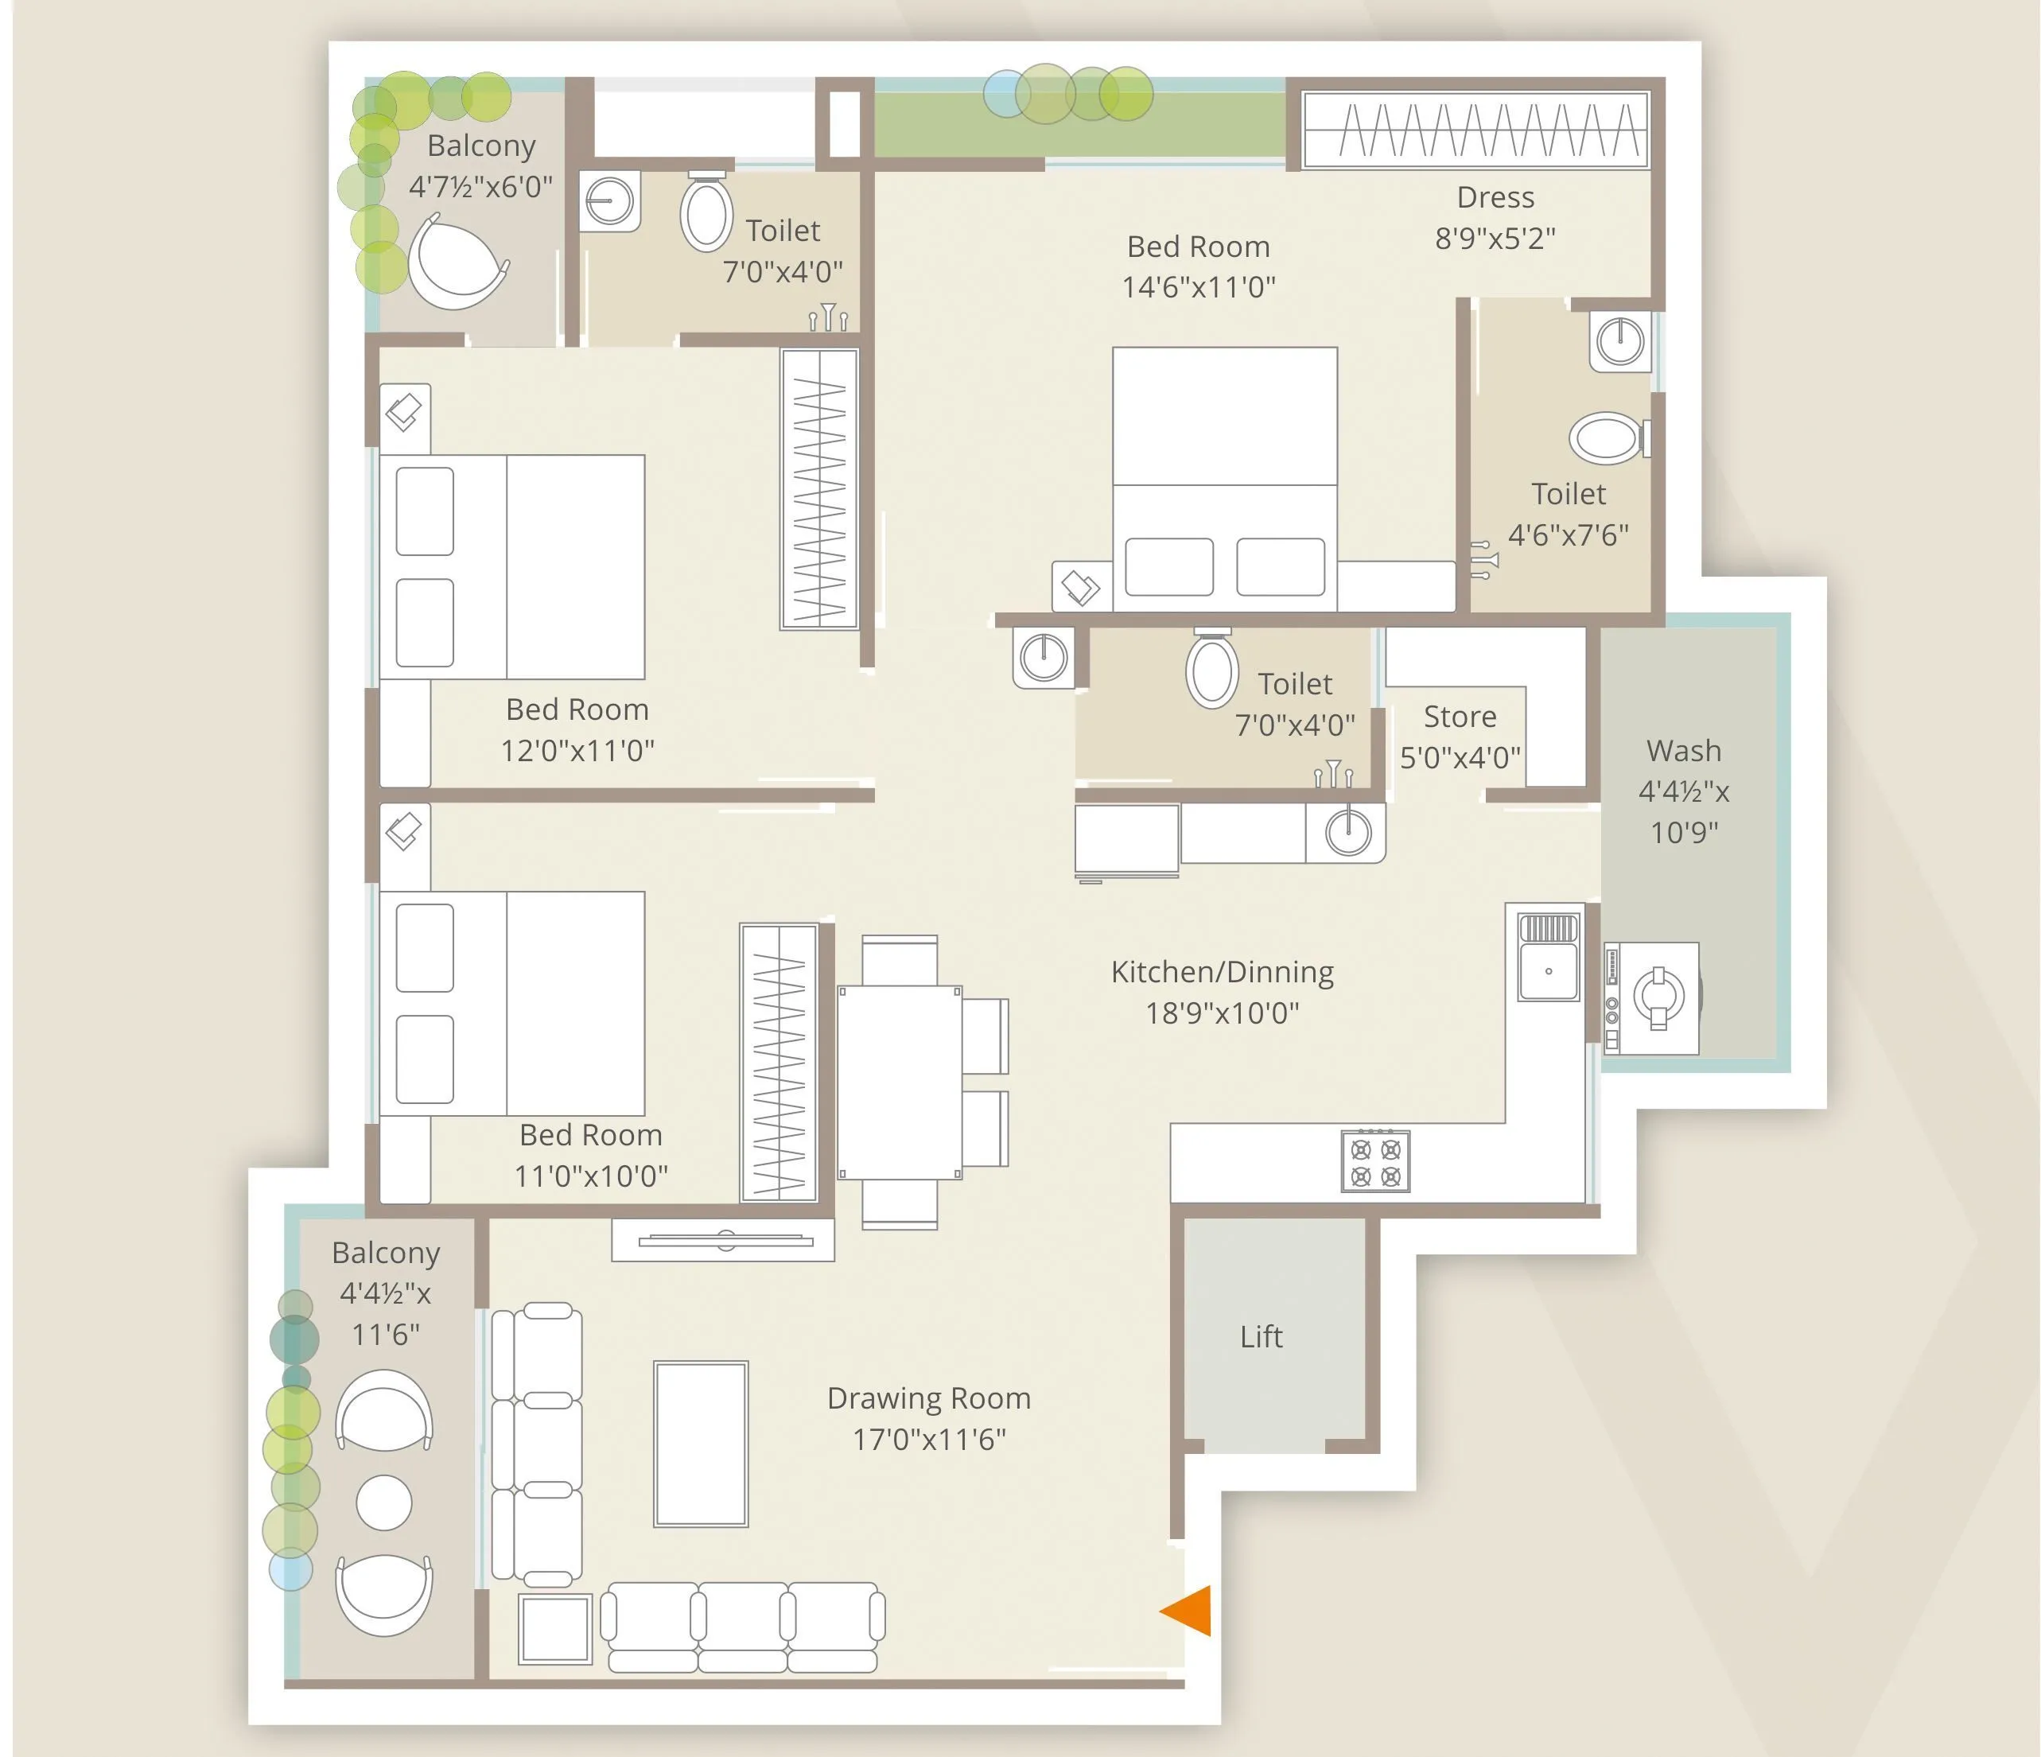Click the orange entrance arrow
click(x=1189, y=1611)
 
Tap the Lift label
click(x=1261, y=1336)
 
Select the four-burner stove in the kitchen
click(x=1375, y=1162)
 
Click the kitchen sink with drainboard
click(x=1549, y=958)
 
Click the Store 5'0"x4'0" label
click(x=1460, y=736)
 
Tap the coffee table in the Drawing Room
click(x=701, y=1444)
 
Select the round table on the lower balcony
click(x=383, y=1503)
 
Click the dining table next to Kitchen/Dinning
click(x=900, y=1083)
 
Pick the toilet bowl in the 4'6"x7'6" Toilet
click(x=1607, y=438)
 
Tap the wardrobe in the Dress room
click(x=1475, y=130)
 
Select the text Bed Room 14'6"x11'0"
click(x=1198, y=266)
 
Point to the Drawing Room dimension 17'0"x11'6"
click(x=928, y=1439)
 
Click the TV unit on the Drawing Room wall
click(x=723, y=1240)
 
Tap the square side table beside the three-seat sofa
click(x=555, y=1628)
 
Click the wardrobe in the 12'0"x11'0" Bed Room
click(x=818, y=488)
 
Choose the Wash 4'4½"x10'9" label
click(x=1683, y=791)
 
